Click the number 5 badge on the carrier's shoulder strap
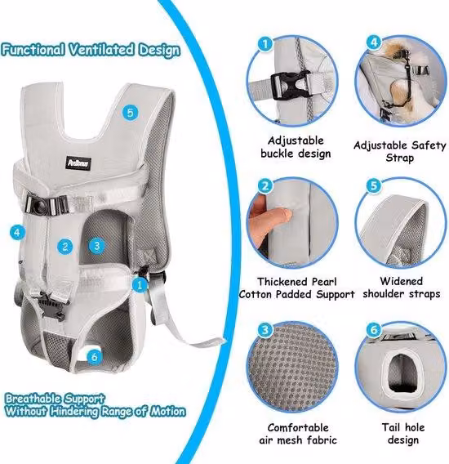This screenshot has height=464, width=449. (130, 113)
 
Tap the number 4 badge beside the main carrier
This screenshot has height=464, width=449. (17, 232)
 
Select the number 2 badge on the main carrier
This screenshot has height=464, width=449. (65, 246)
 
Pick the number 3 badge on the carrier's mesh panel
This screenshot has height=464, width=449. (96, 245)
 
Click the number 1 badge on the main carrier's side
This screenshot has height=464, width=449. (140, 284)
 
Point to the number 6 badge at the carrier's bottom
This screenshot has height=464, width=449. (94, 356)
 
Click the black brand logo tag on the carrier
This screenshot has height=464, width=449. (78, 163)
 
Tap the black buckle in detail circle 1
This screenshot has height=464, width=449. (291, 86)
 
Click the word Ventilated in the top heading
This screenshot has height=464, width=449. (101, 50)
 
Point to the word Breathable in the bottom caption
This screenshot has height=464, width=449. (33, 399)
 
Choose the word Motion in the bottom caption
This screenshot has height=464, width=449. (168, 412)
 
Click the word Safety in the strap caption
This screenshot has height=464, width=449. (429, 145)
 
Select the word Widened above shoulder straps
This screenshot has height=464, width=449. (402, 281)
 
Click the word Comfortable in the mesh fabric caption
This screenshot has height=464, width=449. (298, 427)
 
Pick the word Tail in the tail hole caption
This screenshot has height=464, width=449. (389, 427)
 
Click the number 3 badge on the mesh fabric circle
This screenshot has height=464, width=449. (265, 329)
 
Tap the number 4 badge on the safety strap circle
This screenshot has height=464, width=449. (374, 42)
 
